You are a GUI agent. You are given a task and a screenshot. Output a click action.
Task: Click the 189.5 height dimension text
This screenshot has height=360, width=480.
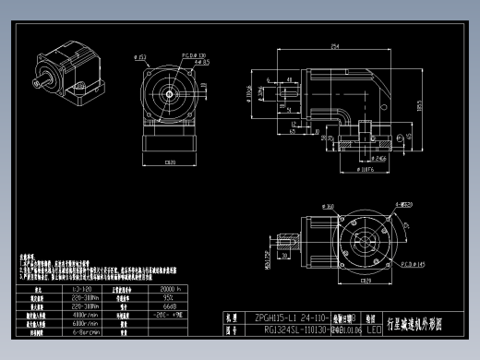coord(419,107)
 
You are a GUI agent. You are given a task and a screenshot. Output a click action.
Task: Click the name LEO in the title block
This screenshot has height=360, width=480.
coord(374,328)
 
